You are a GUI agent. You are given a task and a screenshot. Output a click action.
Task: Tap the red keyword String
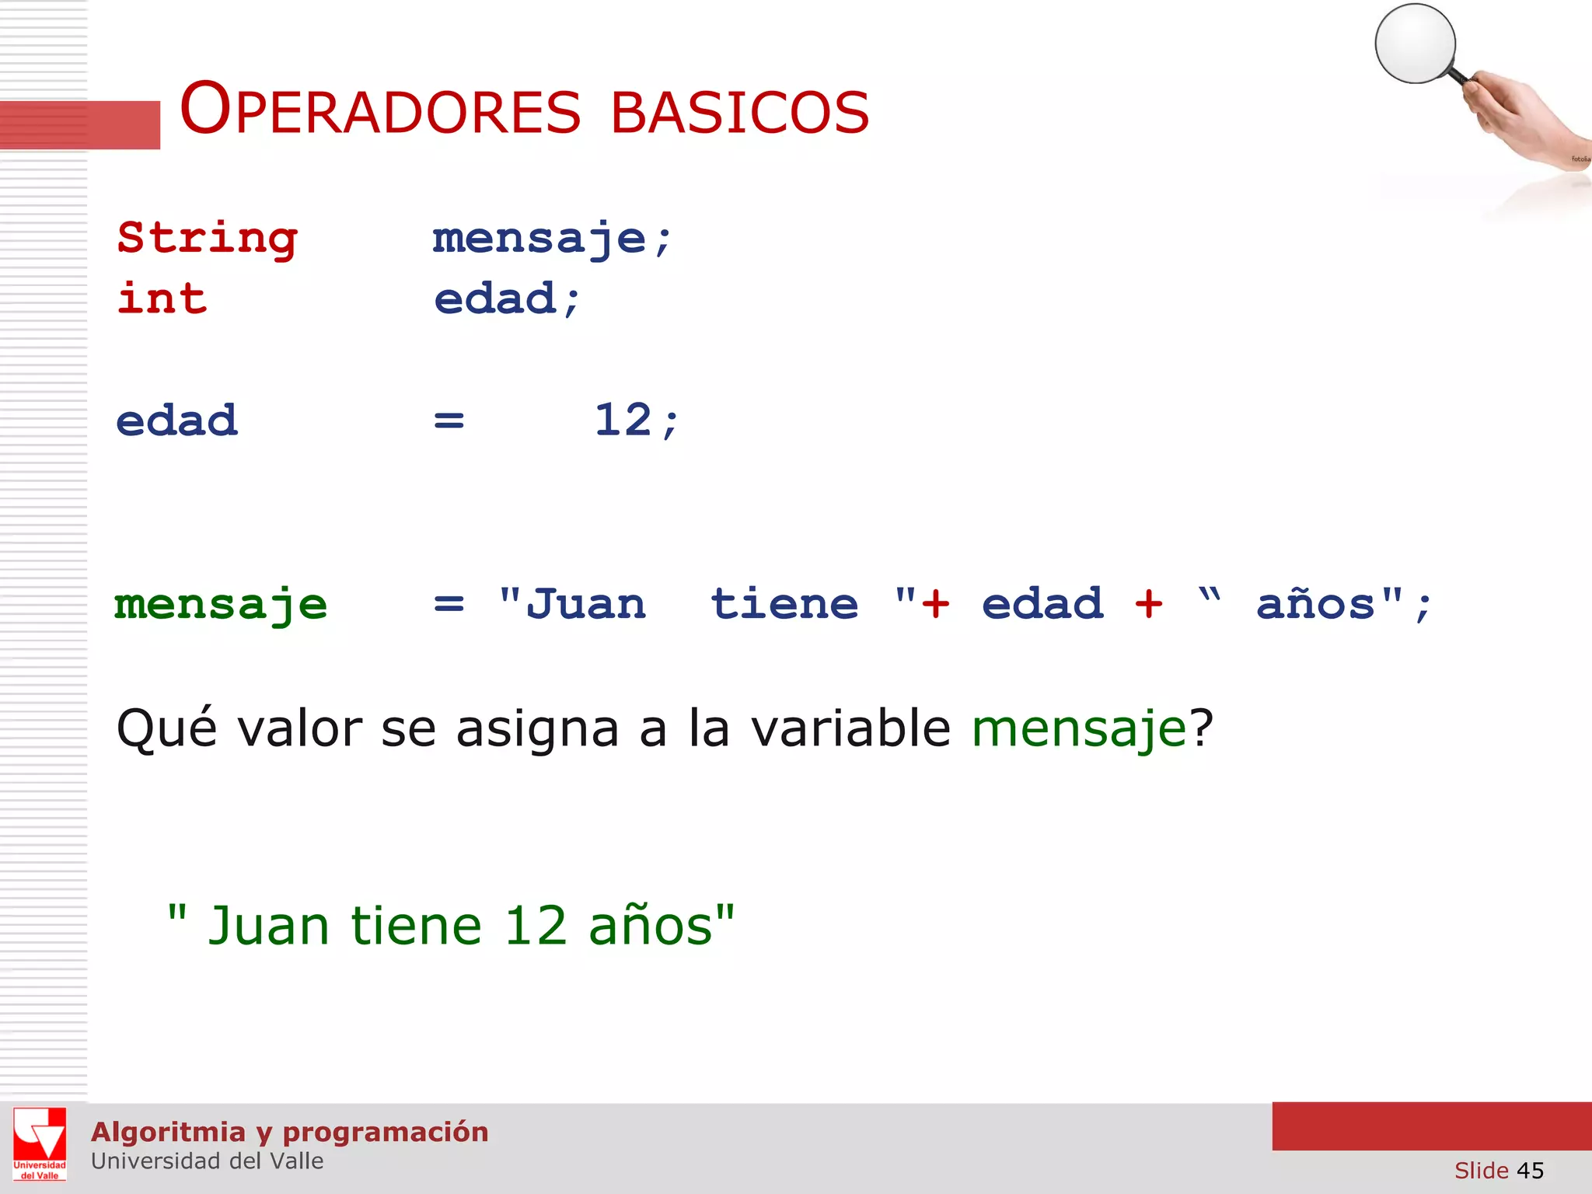pyautogui.click(x=207, y=238)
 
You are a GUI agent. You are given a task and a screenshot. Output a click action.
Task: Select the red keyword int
pyautogui.click(x=162, y=298)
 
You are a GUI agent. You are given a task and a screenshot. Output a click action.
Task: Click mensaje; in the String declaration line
pyautogui.click(x=552, y=238)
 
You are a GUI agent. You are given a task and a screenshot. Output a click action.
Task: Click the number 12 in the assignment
pyautogui.click(x=623, y=421)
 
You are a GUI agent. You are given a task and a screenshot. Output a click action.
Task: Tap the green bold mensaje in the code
pyautogui.click(x=221, y=605)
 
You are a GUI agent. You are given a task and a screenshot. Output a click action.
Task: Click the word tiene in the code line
pyautogui.click(x=784, y=604)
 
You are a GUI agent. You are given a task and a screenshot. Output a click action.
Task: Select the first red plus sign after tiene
pyautogui.click(x=935, y=604)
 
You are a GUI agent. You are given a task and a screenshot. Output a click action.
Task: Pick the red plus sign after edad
pyautogui.click(x=1148, y=604)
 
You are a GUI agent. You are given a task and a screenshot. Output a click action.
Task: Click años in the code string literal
pyautogui.click(x=1315, y=604)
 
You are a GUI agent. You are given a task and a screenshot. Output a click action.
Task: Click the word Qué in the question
pyautogui.click(x=166, y=728)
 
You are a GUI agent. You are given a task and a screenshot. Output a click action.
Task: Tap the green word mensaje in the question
pyautogui.click(x=1079, y=729)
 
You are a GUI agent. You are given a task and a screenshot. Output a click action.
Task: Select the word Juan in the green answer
pyautogui.click(x=269, y=926)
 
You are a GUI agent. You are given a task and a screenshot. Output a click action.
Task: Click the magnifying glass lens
pyautogui.click(x=1415, y=44)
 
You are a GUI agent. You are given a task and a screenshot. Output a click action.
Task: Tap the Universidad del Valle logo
pyautogui.click(x=40, y=1143)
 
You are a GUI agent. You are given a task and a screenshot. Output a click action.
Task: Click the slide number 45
pyautogui.click(x=1530, y=1170)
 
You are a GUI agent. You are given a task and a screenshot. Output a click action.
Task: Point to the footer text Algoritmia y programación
pyautogui.click(x=289, y=1132)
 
